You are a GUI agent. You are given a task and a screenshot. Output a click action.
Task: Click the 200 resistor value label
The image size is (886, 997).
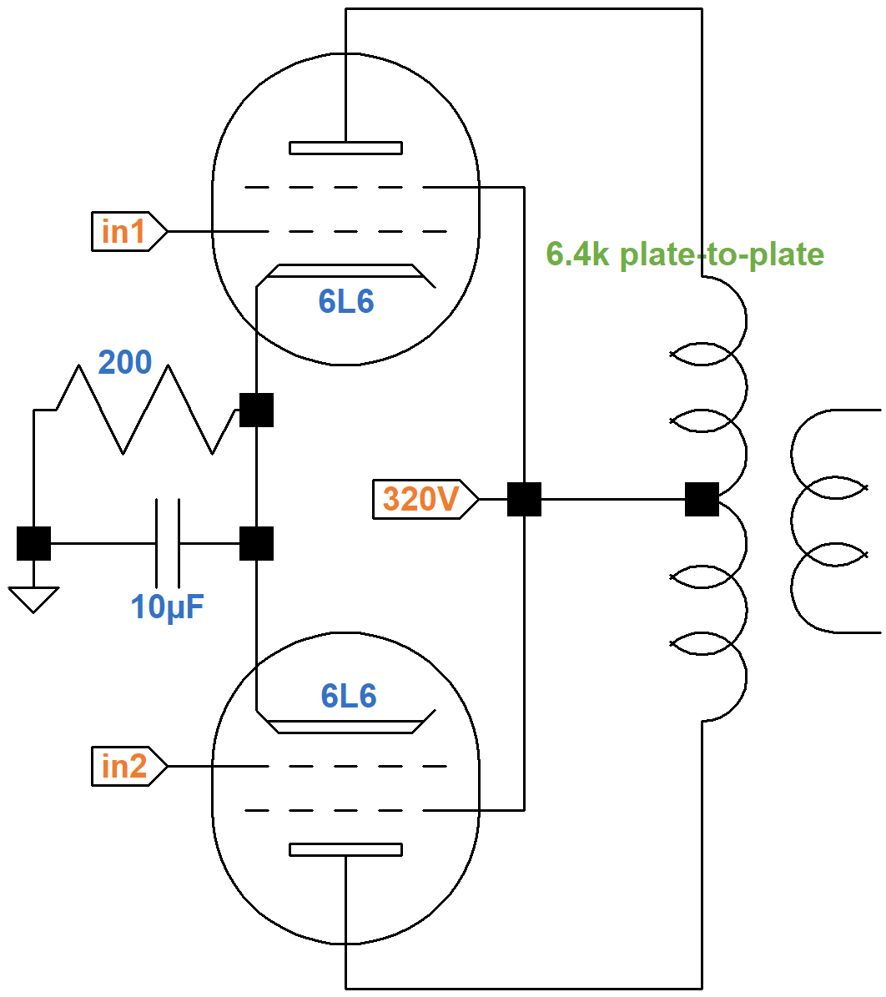[x=125, y=362]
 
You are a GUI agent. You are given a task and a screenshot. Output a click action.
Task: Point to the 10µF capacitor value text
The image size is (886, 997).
[x=168, y=607]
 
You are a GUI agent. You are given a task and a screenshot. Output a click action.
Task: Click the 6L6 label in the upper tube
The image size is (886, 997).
[x=346, y=301]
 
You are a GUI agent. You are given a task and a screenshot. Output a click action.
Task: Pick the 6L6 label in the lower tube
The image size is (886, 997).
[x=349, y=696]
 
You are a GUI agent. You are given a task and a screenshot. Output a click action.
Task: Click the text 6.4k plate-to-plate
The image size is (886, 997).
[x=685, y=254]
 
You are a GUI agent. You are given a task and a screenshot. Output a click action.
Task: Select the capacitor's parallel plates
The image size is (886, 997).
[x=168, y=543]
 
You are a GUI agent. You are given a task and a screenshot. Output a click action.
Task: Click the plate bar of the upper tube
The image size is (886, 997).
[x=345, y=149]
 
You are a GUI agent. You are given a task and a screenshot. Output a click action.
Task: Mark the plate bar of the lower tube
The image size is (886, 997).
[x=345, y=849]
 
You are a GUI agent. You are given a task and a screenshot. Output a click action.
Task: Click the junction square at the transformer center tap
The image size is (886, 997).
[x=702, y=499]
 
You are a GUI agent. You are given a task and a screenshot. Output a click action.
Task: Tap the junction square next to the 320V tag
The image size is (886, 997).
[x=524, y=499]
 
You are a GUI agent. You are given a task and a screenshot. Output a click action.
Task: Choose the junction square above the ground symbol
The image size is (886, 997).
[x=33, y=543]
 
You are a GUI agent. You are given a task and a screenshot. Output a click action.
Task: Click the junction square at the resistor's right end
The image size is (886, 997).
[x=256, y=410]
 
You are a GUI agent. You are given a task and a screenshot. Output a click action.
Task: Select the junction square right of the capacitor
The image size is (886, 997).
[x=256, y=543]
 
